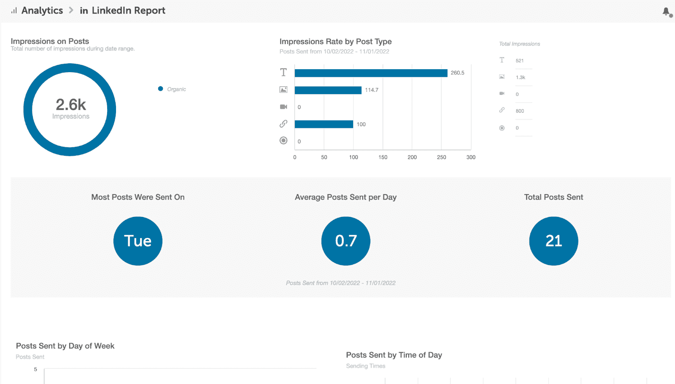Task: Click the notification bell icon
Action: point(666,11)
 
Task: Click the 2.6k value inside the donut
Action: point(71,105)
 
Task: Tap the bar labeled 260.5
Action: point(371,73)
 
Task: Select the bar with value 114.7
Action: point(328,90)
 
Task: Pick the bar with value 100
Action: point(324,124)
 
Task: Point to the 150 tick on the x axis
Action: point(383,157)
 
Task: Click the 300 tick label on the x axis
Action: point(471,157)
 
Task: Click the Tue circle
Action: point(138,241)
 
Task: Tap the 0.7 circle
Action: point(346,241)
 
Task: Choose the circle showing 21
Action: point(553,241)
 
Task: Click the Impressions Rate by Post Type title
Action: point(335,41)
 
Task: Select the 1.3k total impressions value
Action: point(520,78)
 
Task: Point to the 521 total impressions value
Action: point(519,61)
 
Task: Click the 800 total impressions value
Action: point(520,111)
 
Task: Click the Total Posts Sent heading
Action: point(553,197)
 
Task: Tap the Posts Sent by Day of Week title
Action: point(65,346)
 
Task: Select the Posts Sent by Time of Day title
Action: point(394,355)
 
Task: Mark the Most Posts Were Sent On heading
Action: point(138,197)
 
